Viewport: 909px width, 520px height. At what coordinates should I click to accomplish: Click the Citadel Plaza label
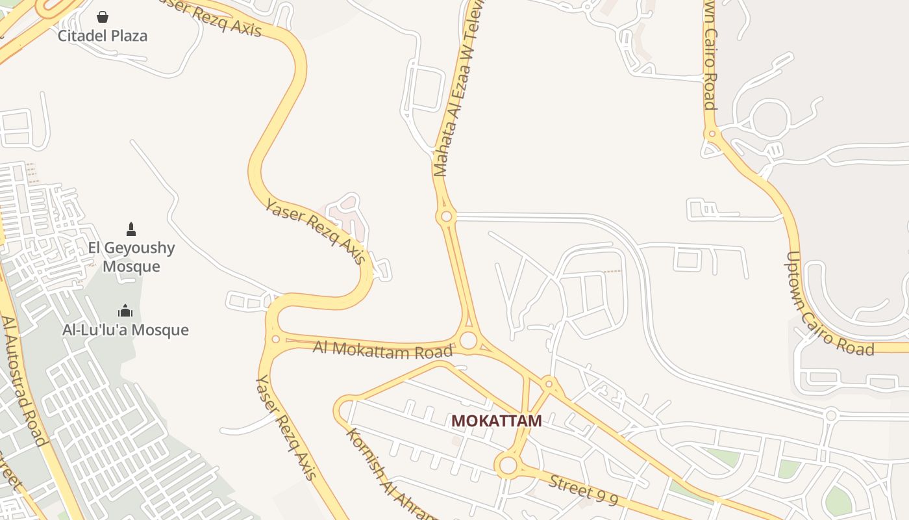pos(103,35)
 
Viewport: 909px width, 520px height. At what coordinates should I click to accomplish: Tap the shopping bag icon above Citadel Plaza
pos(103,16)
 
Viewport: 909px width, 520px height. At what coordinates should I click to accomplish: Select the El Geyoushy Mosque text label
pos(131,257)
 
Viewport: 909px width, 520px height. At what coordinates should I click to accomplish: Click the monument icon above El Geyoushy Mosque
pos(131,229)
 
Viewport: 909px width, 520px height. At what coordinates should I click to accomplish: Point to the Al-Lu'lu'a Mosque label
pos(125,330)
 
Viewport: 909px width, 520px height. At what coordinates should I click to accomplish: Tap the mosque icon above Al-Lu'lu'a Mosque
pos(125,311)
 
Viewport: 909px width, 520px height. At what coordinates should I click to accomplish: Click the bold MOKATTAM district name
pos(497,421)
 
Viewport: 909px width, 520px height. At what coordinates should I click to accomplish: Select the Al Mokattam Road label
pos(382,350)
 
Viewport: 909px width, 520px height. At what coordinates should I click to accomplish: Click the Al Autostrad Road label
pos(25,380)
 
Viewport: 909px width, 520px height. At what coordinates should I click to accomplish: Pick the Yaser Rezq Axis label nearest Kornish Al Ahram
pos(286,426)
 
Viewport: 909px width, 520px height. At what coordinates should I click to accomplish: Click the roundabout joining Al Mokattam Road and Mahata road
pos(468,340)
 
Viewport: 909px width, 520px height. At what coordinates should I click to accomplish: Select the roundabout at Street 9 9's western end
pos(508,465)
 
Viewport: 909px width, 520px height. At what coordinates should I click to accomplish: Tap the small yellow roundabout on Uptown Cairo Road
pos(712,134)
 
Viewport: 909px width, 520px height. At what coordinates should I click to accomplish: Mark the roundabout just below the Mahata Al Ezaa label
pos(446,216)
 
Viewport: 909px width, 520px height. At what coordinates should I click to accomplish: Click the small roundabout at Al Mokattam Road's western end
pos(275,339)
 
